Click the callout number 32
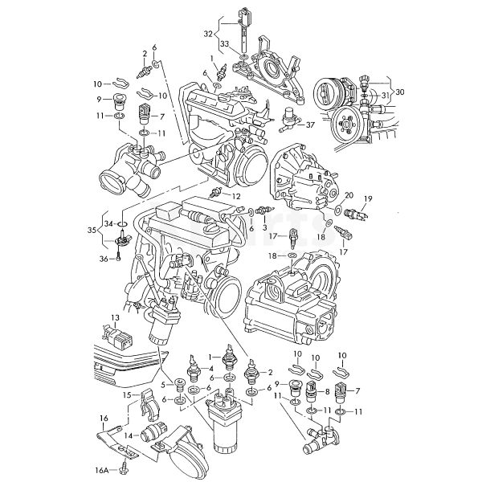point(208,34)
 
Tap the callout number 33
point(225,44)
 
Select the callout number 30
point(400,92)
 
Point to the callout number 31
point(386,96)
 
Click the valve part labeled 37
point(289,120)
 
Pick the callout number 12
point(236,196)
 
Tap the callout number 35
point(92,230)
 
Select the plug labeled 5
point(179,384)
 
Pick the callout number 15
point(127,394)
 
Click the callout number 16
point(104,419)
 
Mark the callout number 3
point(264,228)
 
